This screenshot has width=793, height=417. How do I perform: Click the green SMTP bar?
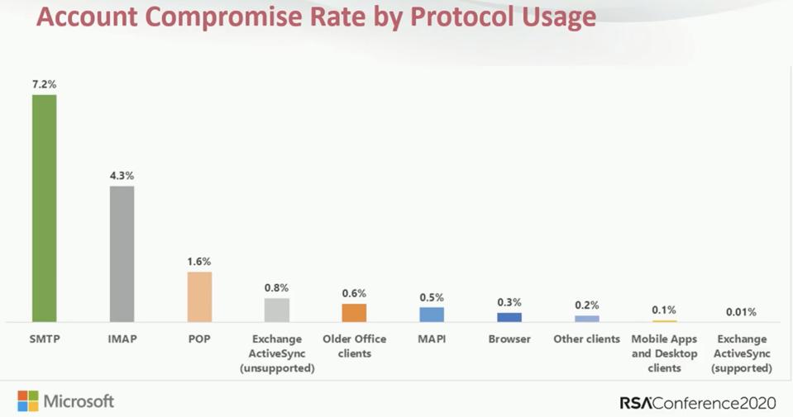point(44,208)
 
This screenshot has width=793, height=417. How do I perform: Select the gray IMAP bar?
point(122,254)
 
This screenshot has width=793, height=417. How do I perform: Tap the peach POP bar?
point(199,296)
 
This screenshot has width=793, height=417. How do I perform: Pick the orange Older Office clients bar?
point(354,313)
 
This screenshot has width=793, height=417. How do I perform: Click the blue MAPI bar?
point(432,315)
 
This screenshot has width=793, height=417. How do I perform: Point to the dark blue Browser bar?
point(509,317)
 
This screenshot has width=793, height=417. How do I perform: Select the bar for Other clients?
point(587,319)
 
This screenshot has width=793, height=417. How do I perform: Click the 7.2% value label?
point(44,84)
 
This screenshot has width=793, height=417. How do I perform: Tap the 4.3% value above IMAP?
point(122,175)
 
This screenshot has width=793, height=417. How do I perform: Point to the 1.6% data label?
point(199,261)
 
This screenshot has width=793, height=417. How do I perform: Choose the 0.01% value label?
point(741,312)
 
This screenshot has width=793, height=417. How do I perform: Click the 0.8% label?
point(277,287)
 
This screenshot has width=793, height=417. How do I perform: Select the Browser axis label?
point(509,339)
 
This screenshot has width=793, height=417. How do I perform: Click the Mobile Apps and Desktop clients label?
point(664,353)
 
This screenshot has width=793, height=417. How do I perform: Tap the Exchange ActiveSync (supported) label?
point(742,353)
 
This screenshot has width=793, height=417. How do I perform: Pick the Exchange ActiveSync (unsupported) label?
point(277,353)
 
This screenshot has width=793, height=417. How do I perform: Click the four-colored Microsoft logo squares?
point(27,401)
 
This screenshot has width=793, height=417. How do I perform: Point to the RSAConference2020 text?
point(698,403)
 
